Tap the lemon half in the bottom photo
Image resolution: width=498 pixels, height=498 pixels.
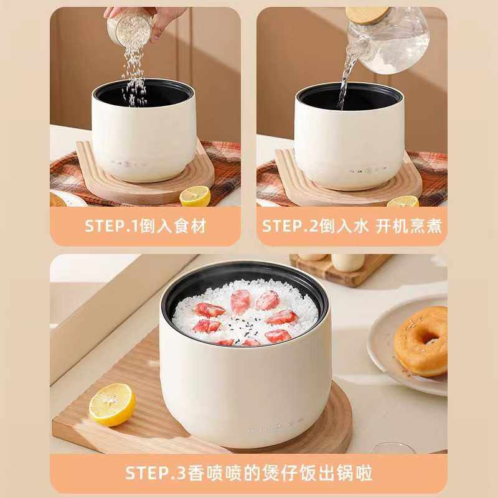(x=111, y=404)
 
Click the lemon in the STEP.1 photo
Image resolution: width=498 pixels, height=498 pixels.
(x=195, y=195)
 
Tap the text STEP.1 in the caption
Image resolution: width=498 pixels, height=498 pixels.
(x=106, y=225)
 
